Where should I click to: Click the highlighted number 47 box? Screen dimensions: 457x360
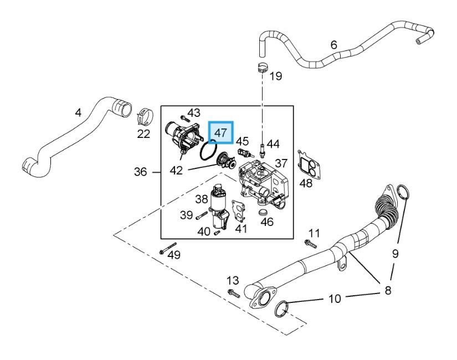[220, 132]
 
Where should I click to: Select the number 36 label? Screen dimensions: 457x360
[140, 172]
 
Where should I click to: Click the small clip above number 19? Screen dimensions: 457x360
[263, 68]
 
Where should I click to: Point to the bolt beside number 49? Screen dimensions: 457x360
[168, 248]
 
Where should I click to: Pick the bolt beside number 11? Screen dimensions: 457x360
[310, 244]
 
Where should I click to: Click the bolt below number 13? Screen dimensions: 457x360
[234, 294]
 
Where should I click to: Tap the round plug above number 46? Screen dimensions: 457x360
[264, 212]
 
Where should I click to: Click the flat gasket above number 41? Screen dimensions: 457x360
[238, 212]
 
